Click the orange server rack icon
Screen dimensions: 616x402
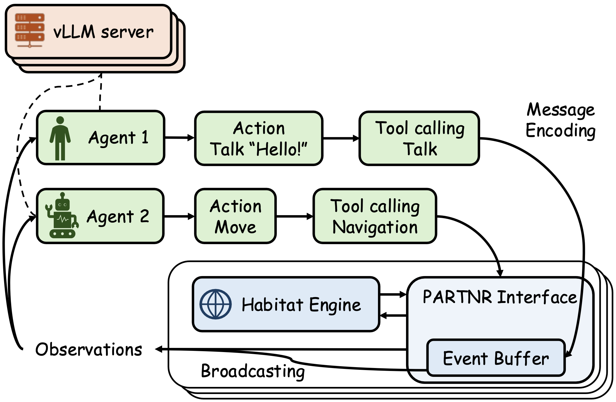point(30,30)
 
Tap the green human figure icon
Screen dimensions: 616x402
point(60,138)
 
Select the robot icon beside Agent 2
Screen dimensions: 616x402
point(62,215)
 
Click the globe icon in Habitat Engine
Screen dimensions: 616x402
point(216,304)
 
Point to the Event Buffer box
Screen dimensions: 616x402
point(496,358)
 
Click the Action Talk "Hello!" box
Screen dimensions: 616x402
point(259,138)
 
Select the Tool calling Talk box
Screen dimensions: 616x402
point(419,138)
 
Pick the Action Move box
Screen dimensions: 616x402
point(235,216)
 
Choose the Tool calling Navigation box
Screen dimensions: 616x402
point(375,216)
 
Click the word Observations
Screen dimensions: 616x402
point(89,349)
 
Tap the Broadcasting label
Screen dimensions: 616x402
point(253,371)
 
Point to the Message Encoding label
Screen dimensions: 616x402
point(560,120)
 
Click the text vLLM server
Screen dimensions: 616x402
point(103,32)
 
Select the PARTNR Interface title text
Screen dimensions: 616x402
point(500,297)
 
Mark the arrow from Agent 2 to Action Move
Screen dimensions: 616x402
point(179,216)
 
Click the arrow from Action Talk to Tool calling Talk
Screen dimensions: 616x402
point(341,138)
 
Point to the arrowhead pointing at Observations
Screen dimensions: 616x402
point(159,349)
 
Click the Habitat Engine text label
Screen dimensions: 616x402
point(301,304)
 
